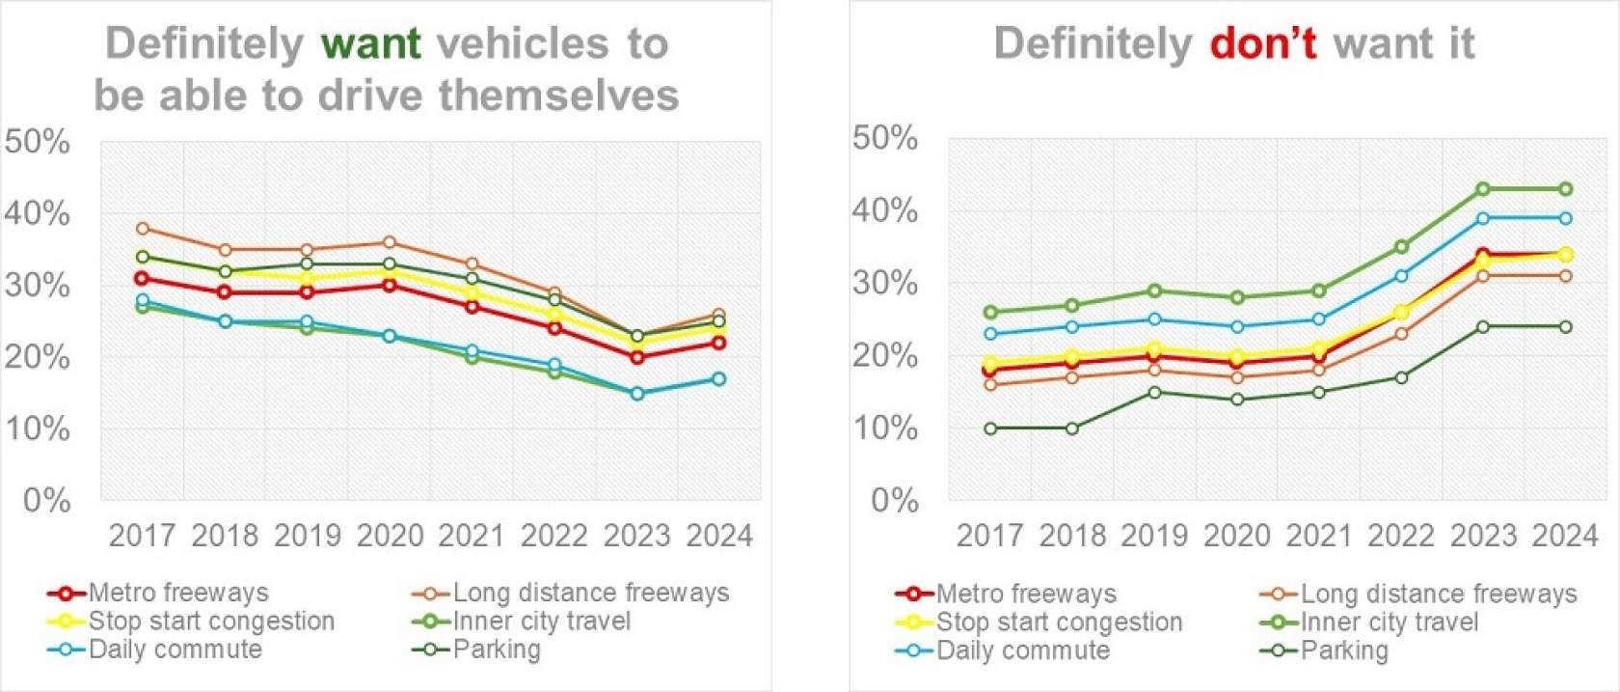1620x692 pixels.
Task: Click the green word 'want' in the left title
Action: [x=370, y=44]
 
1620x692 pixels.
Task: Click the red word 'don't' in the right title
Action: [x=1262, y=44]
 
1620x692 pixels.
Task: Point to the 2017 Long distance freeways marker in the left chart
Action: [x=143, y=229]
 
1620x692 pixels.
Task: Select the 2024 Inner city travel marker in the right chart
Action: [x=1566, y=189]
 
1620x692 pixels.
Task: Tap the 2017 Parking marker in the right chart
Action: [x=990, y=429]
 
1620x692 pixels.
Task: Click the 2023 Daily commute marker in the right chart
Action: [x=1484, y=218]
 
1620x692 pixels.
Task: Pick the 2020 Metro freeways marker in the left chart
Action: [x=390, y=286]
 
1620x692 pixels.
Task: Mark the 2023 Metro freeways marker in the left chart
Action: [x=637, y=357]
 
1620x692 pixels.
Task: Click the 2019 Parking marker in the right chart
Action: [x=1155, y=393]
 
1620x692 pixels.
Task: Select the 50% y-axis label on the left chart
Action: [x=38, y=143]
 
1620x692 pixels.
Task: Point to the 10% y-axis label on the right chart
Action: [x=885, y=429]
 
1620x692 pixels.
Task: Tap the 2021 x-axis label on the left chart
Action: [x=472, y=536]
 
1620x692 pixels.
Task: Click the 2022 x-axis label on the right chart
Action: [x=1401, y=536]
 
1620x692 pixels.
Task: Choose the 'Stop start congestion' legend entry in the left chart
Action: [x=211, y=622]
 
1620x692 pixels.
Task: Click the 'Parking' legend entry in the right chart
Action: [x=1344, y=650]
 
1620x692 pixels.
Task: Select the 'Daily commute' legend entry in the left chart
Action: [x=175, y=650]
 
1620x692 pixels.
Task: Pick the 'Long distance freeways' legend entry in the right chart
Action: [x=1439, y=594]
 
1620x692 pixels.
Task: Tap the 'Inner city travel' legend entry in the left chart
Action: [x=542, y=622]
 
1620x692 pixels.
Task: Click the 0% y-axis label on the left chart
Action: [x=46, y=501]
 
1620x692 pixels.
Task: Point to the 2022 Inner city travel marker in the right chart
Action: [x=1401, y=247]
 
